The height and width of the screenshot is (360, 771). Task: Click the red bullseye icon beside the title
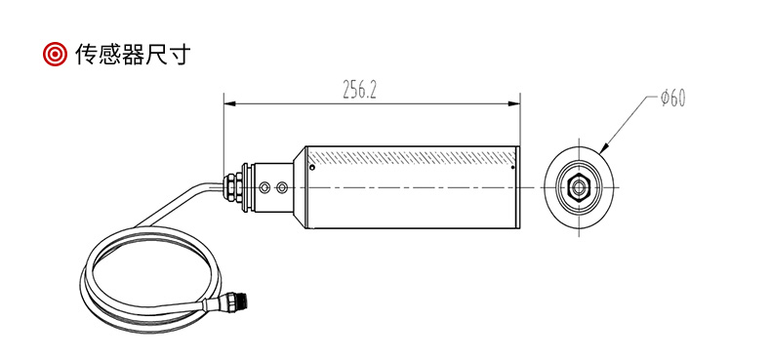(x=54, y=54)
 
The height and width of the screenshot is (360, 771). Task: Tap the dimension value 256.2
(x=359, y=90)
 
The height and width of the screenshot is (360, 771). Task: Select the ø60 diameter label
(x=672, y=99)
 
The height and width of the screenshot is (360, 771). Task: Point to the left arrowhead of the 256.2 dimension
(x=230, y=103)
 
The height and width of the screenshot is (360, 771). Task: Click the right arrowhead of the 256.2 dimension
(x=513, y=103)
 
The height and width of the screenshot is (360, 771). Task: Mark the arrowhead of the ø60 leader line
(x=604, y=147)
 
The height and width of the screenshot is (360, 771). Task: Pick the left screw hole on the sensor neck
(x=265, y=187)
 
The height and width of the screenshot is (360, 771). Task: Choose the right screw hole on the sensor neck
(x=282, y=187)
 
